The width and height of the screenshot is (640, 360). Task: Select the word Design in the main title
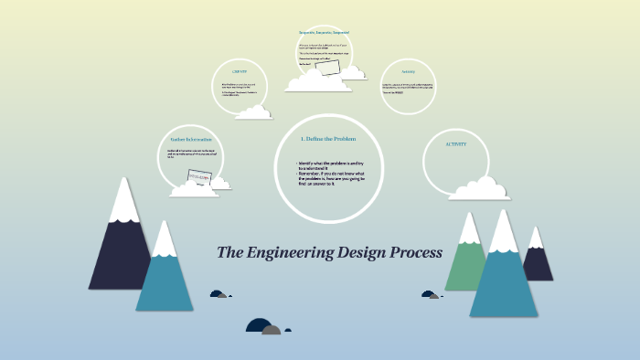pos(358,252)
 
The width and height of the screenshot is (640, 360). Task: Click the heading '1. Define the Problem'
pos(327,139)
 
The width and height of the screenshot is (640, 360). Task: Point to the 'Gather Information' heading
pos(191,140)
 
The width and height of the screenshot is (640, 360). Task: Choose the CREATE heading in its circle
pos(240,71)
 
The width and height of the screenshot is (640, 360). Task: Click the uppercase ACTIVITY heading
pos(455,144)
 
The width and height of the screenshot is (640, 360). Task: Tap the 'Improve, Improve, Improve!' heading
pos(325,33)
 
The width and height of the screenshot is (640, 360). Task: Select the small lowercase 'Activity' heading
pos(409,71)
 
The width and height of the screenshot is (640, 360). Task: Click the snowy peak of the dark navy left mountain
pos(123,201)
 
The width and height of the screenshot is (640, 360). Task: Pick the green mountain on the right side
pos(467,260)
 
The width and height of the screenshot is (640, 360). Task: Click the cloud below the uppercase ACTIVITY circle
pos(477,189)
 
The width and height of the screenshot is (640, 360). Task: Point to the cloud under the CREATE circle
pos(253,111)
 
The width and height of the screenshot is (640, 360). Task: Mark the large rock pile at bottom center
pos(264,327)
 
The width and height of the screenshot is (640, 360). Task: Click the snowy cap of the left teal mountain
pos(165,239)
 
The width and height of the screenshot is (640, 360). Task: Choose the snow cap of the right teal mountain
pos(504,232)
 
